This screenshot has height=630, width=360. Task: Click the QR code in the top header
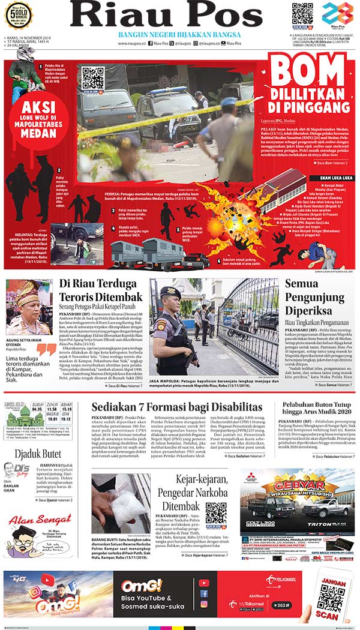click(302, 14)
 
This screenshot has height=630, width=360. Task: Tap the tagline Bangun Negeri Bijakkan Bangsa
click(179, 35)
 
